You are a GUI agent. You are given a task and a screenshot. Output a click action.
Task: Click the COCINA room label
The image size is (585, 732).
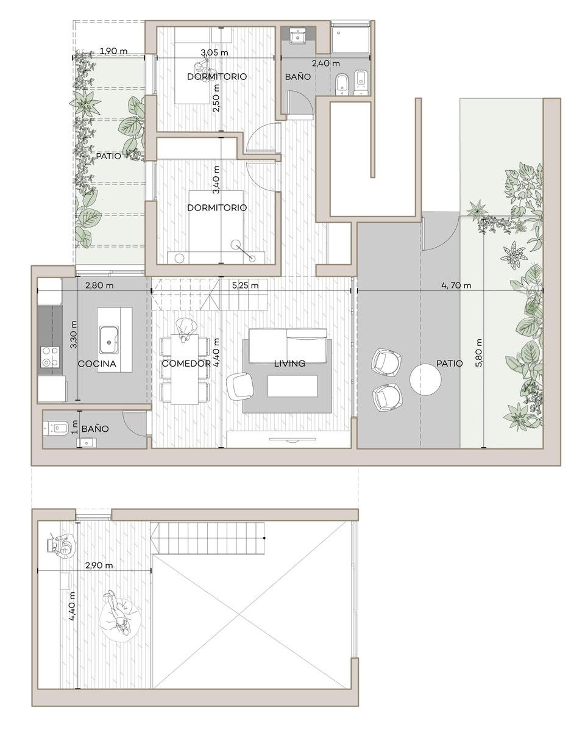(x=97, y=364)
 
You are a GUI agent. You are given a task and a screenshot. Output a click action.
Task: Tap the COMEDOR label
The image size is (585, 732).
(x=186, y=364)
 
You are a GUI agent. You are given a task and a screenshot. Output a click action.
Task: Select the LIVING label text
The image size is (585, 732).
(x=289, y=364)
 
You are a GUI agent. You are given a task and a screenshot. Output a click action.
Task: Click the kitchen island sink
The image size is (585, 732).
(x=109, y=340)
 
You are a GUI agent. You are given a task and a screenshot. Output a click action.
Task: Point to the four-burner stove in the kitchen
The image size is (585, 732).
(x=50, y=357)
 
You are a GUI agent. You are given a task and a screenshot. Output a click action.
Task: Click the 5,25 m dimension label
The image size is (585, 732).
(x=245, y=285)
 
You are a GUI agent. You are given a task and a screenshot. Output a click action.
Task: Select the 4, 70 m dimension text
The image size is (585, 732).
(x=456, y=285)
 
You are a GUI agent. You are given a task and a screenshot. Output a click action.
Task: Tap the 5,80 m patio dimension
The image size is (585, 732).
(x=479, y=352)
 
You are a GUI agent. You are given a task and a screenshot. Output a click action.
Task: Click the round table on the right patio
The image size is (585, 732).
(x=425, y=379)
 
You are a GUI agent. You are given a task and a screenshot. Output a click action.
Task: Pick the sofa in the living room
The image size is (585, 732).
(x=288, y=346)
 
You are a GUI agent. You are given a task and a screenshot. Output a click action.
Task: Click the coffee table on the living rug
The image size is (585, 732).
(x=292, y=386)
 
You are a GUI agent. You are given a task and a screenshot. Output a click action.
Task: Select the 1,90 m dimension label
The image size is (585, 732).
(x=113, y=51)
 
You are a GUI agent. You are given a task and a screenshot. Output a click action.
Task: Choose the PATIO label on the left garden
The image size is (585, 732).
(x=108, y=156)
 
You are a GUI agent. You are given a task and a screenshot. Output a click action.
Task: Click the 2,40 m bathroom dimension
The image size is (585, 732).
(x=325, y=63)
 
